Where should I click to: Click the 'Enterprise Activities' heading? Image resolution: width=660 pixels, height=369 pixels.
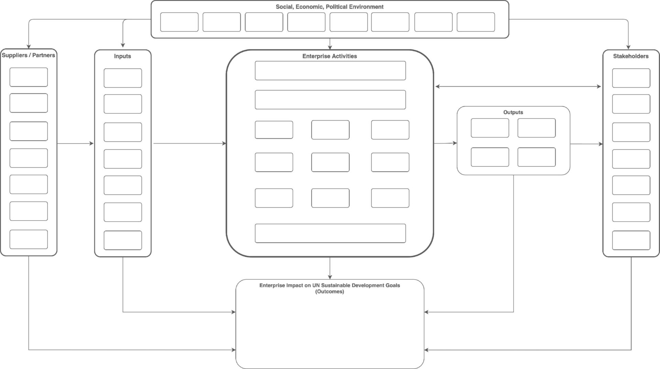pyautogui.click(x=330, y=56)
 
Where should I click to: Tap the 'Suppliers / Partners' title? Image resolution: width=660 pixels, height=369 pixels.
pyautogui.click(x=29, y=55)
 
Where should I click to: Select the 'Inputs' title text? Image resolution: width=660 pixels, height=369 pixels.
pyautogui.click(x=122, y=56)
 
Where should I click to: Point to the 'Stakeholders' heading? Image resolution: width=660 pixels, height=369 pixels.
pyautogui.click(x=631, y=56)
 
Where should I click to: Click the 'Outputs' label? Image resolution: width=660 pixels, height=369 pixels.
pyautogui.click(x=513, y=112)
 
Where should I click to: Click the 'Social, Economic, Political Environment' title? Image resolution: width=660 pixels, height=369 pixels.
pyautogui.click(x=330, y=7)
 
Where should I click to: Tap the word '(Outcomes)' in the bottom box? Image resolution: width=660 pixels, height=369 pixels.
pyautogui.click(x=330, y=291)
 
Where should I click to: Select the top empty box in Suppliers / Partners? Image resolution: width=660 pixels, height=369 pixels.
pyautogui.click(x=29, y=77)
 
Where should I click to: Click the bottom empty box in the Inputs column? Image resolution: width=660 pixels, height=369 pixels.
pyautogui.click(x=123, y=240)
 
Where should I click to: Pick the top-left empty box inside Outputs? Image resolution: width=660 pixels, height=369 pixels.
pyautogui.click(x=490, y=128)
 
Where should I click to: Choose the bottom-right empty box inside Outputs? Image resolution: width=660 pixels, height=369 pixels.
pyautogui.click(x=537, y=157)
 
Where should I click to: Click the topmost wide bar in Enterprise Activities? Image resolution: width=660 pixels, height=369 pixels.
pyautogui.click(x=330, y=70)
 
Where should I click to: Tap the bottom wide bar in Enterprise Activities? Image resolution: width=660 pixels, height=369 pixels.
pyautogui.click(x=330, y=233)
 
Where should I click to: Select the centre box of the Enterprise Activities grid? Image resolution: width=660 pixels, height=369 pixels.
pyautogui.click(x=330, y=162)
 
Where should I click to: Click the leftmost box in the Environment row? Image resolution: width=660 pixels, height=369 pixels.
pyautogui.click(x=179, y=22)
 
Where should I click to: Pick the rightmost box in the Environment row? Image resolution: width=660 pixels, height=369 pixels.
pyautogui.click(x=476, y=22)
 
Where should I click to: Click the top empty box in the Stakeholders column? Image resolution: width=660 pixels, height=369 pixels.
pyautogui.click(x=631, y=78)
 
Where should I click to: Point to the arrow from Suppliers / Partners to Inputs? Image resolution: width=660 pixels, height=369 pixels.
pyautogui.click(x=75, y=144)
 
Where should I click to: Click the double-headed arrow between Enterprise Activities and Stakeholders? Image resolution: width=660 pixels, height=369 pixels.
pyautogui.click(x=518, y=87)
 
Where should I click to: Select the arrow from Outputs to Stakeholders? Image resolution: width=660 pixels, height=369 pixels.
pyautogui.click(x=586, y=144)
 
